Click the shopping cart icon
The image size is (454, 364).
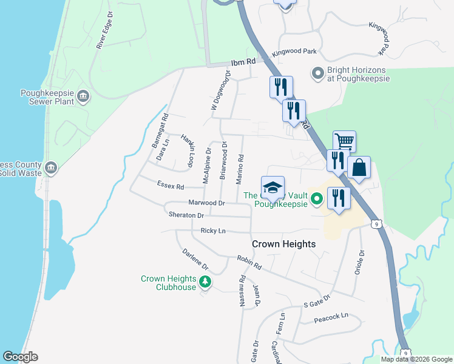pos(344,142)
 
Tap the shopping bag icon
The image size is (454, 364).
pos(359,167)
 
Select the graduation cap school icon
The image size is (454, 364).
pos(273,187)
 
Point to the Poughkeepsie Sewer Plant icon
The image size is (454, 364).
pos(84,96)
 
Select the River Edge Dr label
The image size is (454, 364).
pos(105,29)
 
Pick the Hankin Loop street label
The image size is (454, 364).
pos(187,150)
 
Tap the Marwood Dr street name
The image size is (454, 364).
pos(206,203)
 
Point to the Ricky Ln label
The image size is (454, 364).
pos(212,231)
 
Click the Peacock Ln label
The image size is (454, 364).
pos(331,315)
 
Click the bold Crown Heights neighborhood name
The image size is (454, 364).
pos(284,244)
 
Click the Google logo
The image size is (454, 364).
pos(20,357)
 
